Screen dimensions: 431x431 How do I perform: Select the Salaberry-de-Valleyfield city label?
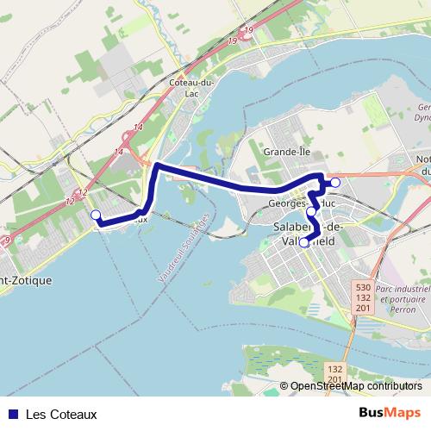pyautogui.click(x=308, y=234)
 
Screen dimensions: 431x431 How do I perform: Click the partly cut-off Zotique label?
pyautogui.click(x=26, y=280)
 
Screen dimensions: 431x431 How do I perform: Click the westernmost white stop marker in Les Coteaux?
pyautogui.click(x=96, y=215)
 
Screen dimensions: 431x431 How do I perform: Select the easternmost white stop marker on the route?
pyautogui.click(x=335, y=183)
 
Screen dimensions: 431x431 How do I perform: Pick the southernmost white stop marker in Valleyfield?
pyautogui.click(x=304, y=242)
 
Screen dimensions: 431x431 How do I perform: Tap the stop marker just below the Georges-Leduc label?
pyautogui.click(x=311, y=211)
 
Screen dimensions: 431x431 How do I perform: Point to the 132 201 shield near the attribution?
pyautogui.click(x=335, y=373)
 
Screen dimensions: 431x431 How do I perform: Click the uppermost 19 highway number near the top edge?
pyautogui.click(x=249, y=31)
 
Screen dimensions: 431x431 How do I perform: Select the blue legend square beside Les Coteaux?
pyautogui.click(x=11, y=414)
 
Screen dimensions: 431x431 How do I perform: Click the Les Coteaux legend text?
pyautogui.click(x=61, y=414)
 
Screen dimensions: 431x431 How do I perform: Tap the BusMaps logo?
pyautogui.click(x=390, y=413)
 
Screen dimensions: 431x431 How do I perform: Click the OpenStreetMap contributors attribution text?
pyautogui.click(x=356, y=387)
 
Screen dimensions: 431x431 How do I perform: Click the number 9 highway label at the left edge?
pyautogui.click(x=6, y=240)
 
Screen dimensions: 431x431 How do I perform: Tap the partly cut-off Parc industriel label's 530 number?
pyautogui.click(x=363, y=286)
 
